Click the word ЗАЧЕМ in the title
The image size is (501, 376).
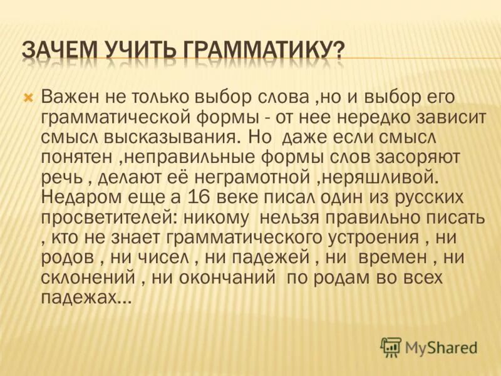[x=59, y=50]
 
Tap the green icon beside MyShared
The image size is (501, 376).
[x=391, y=347]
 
